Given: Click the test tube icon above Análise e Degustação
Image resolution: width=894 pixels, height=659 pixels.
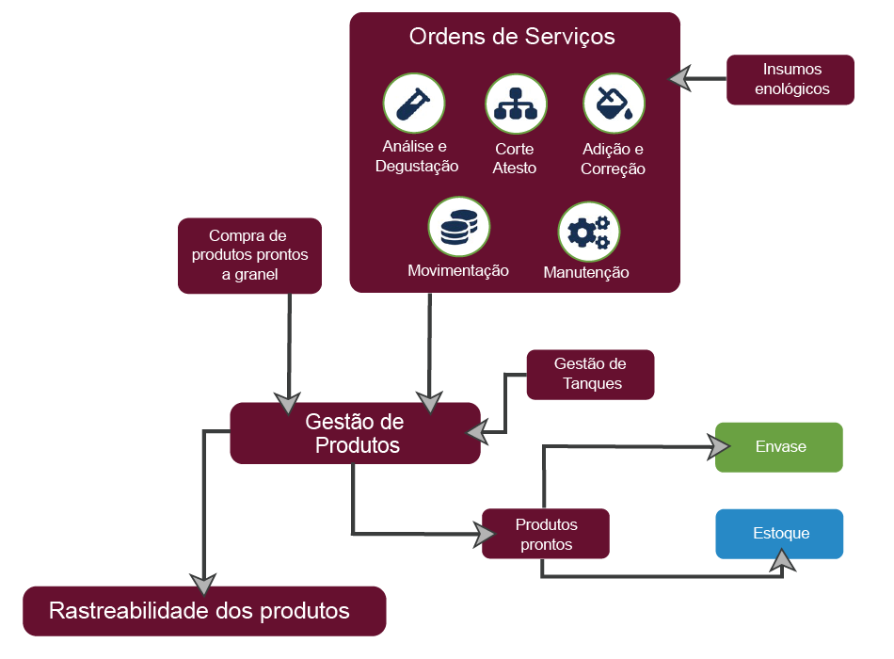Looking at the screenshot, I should (414, 103).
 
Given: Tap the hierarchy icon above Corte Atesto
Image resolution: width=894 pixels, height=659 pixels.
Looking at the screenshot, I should (516, 103).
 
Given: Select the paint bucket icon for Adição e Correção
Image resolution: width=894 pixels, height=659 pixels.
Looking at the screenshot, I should (614, 103).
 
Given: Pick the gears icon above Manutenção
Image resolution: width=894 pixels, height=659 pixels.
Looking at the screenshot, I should (589, 232).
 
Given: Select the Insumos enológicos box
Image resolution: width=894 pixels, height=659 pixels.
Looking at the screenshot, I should (790, 79).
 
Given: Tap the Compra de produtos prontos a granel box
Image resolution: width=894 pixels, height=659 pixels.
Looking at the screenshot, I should (249, 255).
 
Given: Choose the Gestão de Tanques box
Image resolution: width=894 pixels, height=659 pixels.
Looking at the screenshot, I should (590, 374).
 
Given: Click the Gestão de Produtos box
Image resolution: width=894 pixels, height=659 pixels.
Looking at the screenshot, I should (356, 433).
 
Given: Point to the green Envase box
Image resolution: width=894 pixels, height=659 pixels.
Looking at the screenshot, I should (779, 446).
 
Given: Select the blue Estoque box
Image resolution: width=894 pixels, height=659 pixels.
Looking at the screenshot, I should (779, 534).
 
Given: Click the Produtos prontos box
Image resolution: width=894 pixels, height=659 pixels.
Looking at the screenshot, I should (546, 534).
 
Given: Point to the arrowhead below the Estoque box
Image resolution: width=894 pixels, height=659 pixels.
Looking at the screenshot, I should (781, 562).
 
